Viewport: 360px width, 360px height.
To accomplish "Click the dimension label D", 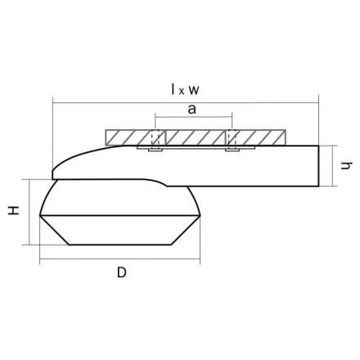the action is coord(122,272).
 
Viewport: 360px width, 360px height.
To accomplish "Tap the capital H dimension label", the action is coord(14,210).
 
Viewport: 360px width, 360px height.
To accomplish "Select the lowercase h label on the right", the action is coord(347,165).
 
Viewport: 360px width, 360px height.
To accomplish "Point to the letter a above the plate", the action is coord(191,109).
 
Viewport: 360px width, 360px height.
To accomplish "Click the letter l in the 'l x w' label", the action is coord(173,89).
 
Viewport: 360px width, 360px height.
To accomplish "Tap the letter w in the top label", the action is coord(194,90).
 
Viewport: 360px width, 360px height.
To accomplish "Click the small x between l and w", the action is coord(182,92).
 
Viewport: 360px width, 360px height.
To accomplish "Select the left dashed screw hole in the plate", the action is coord(155,137).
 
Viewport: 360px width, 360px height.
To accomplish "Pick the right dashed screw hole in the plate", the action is coord(232,137).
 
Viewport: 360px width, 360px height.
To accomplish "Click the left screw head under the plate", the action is coord(155,150).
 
